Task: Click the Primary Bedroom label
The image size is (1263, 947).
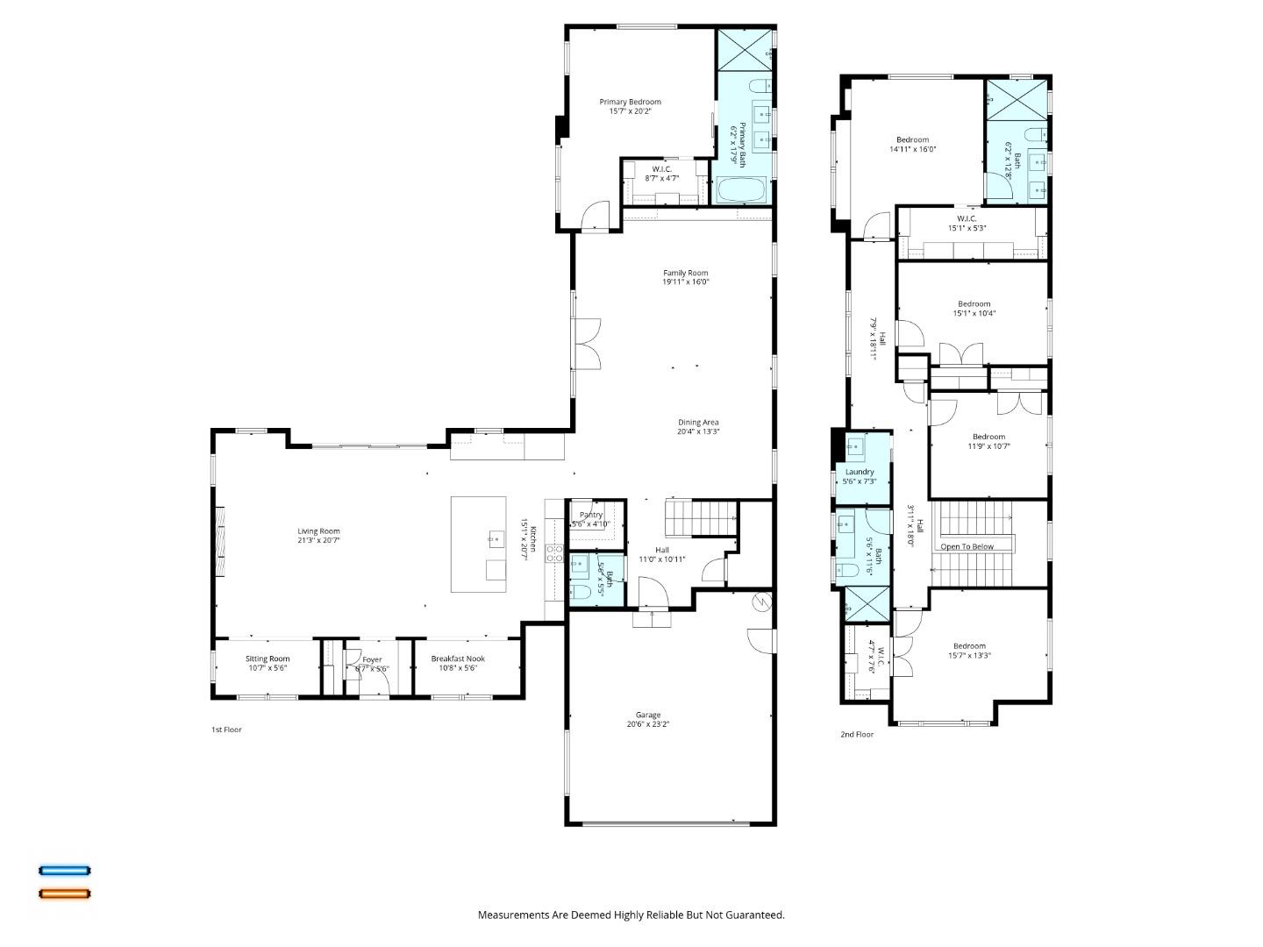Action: (x=630, y=102)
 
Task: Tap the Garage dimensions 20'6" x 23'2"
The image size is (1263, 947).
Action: (x=648, y=725)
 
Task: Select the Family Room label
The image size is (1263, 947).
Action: (x=685, y=273)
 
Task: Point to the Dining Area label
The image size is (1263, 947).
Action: (x=698, y=422)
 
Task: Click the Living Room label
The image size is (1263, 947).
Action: (x=318, y=531)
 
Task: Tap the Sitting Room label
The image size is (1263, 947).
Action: (x=268, y=659)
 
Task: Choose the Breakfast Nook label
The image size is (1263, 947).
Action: (x=457, y=659)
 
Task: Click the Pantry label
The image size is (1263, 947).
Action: (x=591, y=515)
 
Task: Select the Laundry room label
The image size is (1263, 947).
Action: (x=860, y=472)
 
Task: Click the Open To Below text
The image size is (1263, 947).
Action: (x=967, y=546)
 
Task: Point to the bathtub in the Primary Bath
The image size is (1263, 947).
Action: (x=742, y=190)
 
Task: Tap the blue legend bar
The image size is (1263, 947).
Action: (x=65, y=871)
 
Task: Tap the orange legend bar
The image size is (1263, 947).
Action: (x=65, y=894)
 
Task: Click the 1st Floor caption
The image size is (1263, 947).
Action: (x=226, y=730)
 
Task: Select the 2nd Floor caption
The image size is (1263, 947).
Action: (x=857, y=735)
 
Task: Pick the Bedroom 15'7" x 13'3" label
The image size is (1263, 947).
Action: (x=969, y=646)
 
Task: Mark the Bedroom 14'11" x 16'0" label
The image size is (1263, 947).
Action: (x=912, y=139)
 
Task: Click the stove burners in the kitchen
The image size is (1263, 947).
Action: (x=555, y=552)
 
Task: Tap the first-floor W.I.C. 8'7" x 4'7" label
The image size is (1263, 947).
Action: (x=661, y=169)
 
